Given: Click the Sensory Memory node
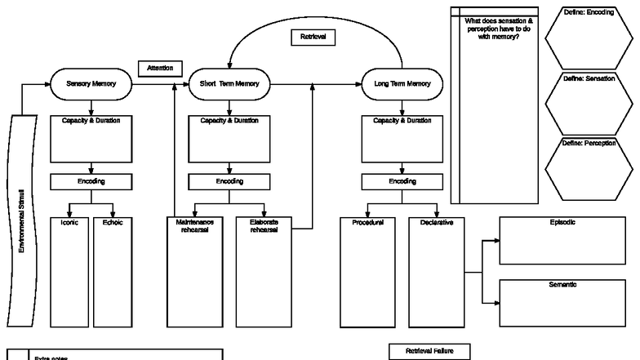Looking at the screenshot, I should click(91, 83).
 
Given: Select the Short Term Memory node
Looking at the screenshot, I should click(229, 83).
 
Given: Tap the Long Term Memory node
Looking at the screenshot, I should click(402, 83).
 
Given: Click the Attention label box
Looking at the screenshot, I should click(160, 69).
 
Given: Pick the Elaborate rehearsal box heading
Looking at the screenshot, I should click(264, 225).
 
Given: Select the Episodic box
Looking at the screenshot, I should click(562, 240).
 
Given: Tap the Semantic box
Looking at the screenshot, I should click(562, 302).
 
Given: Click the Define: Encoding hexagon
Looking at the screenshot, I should click(589, 38).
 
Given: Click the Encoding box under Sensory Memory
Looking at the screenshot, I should click(91, 181).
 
